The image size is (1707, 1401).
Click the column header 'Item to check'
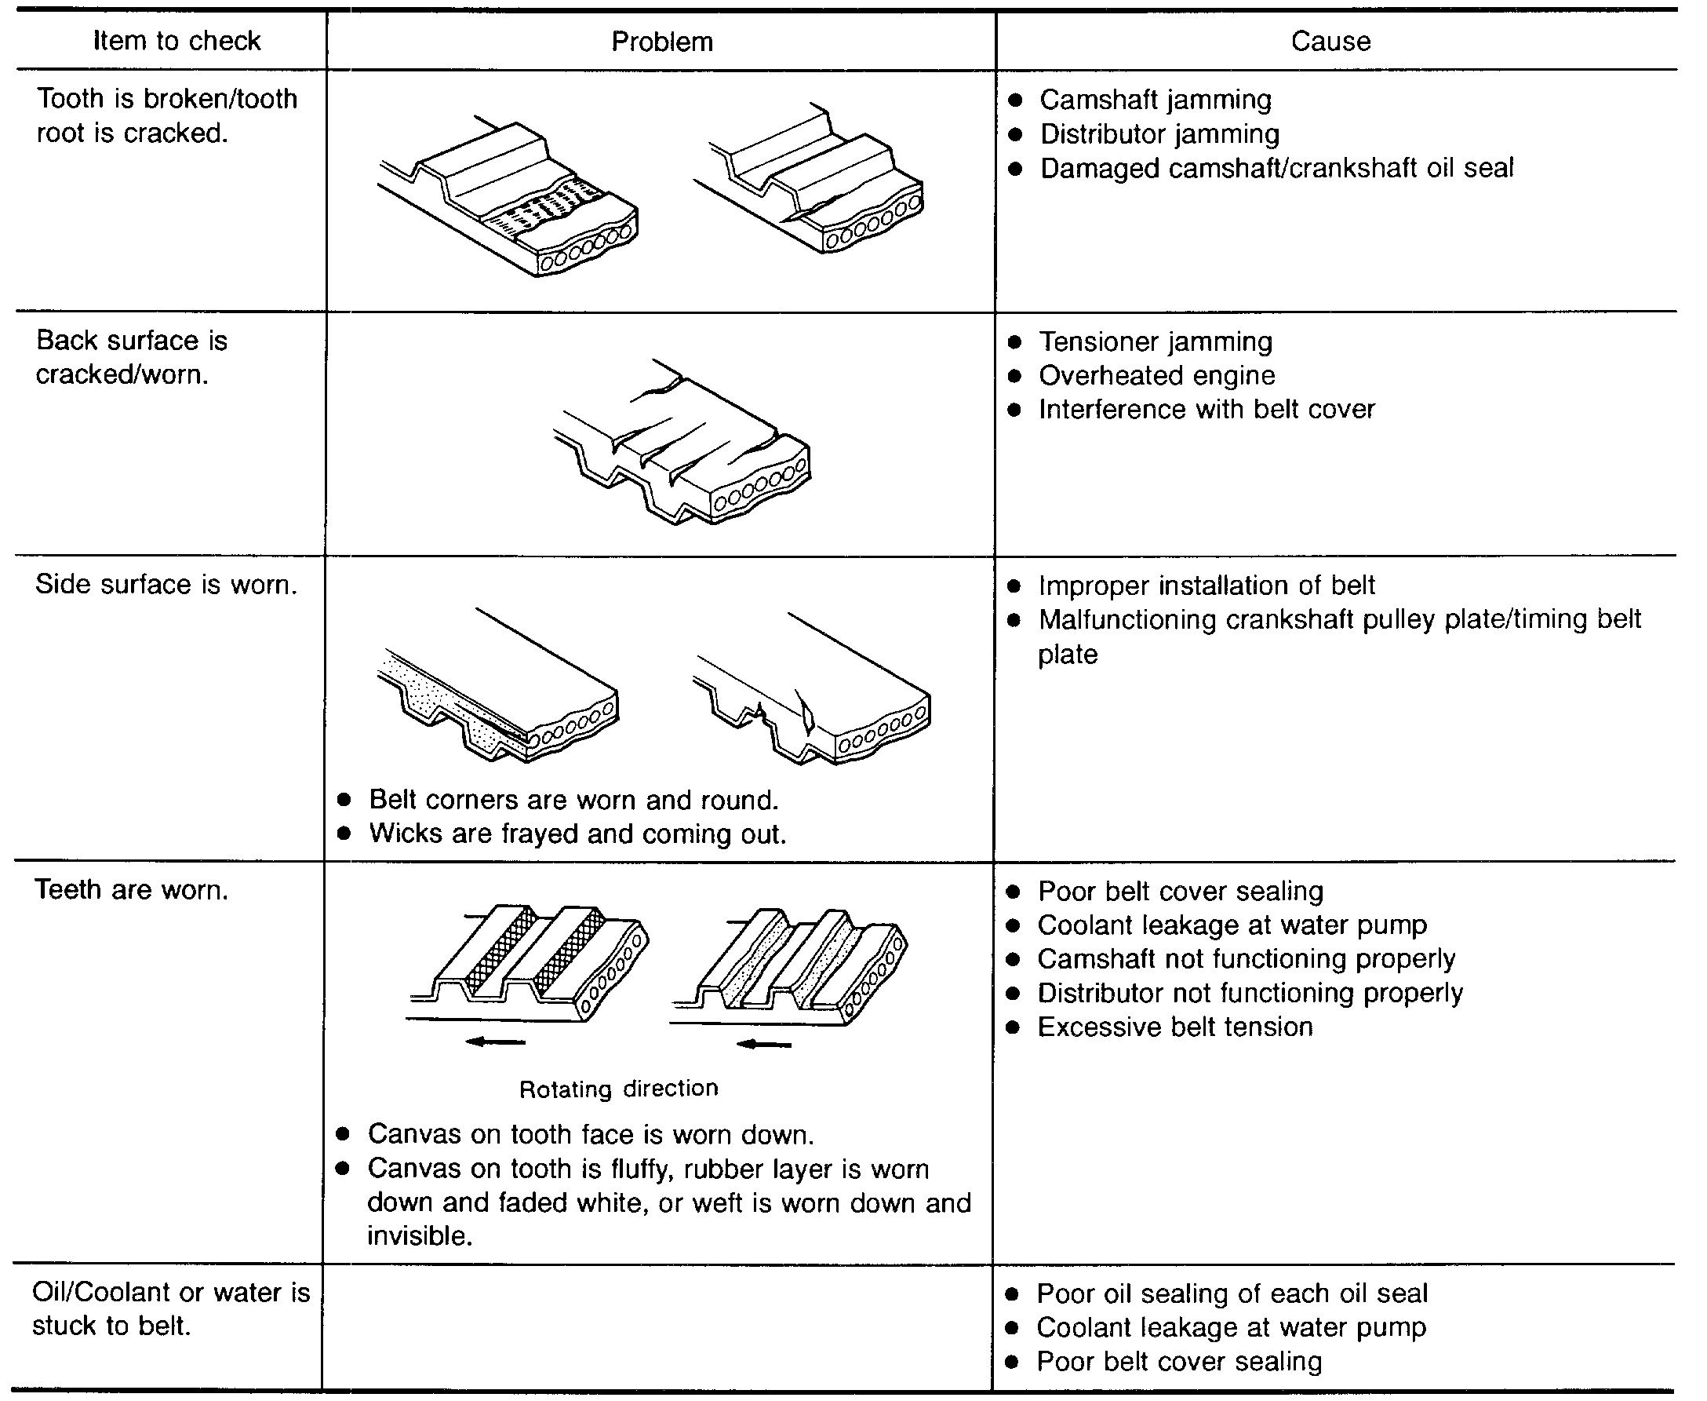coord(177,40)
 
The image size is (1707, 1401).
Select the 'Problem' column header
coord(661,41)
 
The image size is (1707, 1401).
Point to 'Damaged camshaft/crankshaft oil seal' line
coord(1276,168)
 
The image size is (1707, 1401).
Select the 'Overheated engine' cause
coord(1157,375)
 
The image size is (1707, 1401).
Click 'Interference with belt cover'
coord(1206,409)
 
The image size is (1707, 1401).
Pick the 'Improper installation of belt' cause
coord(1206,585)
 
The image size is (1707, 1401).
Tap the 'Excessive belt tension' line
coord(1174,1027)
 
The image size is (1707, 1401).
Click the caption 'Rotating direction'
coord(619,1089)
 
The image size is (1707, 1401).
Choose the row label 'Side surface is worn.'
coord(166,584)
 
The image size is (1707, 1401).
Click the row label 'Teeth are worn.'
coord(132,889)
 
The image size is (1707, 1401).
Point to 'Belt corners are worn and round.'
coord(573,800)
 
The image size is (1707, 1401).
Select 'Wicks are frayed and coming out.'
coord(577,834)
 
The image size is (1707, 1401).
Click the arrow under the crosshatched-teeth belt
coord(495,1042)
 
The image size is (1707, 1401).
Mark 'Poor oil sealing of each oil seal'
coord(1232,1293)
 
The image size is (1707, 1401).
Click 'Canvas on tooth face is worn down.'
coord(591,1134)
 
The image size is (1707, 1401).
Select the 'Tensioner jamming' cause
coord(1156,341)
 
